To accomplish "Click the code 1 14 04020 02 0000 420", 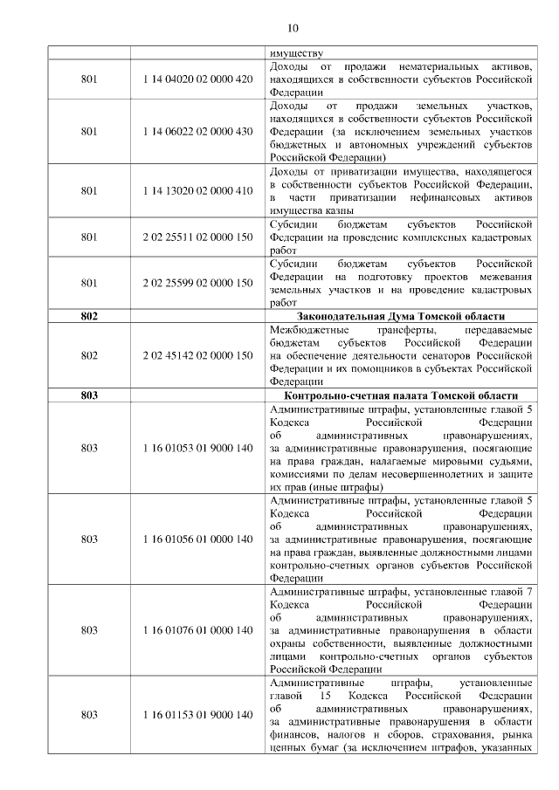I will click(x=197, y=79).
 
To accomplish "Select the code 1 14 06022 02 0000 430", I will click(x=197, y=131).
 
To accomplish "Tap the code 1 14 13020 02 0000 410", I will click(x=197, y=189).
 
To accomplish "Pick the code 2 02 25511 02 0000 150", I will click(x=197, y=236).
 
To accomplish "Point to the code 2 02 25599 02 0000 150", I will click(x=197, y=283).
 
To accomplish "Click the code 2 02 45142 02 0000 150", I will click(x=197, y=355).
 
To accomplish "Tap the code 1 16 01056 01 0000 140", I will click(x=197, y=539).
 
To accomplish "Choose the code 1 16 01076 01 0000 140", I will click(x=197, y=629).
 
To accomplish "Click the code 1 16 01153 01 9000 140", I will click(x=197, y=715).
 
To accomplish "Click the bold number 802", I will click(x=88, y=316).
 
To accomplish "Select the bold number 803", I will click(x=88, y=395).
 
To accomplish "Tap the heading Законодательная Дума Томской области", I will click(x=401, y=316).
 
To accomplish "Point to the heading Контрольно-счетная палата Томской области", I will click(x=401, y=395).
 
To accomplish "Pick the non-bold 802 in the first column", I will click(x=88, y=355).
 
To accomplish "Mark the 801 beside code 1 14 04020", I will click(x=88, y=79).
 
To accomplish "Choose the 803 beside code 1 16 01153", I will click(x=88, y=715).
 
